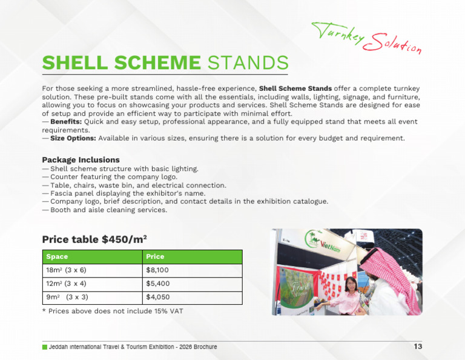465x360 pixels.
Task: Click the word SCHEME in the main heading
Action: click(157, 62)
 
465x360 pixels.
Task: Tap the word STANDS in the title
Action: click(248, 62)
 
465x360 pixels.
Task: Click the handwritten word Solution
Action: click(392, 44)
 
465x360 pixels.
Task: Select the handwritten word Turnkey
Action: click(338, 32)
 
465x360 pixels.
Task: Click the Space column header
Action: click(57, 257)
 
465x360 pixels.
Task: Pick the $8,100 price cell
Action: click(157, 270)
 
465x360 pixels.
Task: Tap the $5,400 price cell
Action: click(158, 284)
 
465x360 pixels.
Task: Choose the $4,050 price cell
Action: click(158, 297)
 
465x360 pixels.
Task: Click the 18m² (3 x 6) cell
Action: click(66, 270)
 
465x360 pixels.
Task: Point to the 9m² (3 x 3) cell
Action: click(67, 297)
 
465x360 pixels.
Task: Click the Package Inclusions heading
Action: click(81, 159)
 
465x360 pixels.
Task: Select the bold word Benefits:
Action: click(66, 122)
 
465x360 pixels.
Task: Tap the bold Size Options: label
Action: click(73, 138)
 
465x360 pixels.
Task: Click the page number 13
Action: click(418, 346)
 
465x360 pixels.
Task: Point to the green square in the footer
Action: click(45, 347)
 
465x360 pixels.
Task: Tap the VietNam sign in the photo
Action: click(330, 246)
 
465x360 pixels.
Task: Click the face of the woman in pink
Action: click(351, 285)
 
